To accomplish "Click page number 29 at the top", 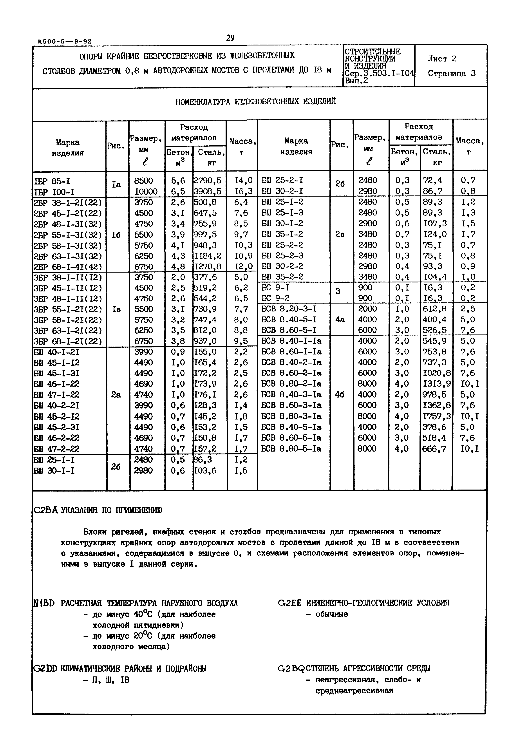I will pyautogui.click(x=230, y=38).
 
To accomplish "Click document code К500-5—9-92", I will pyautogui.click(x=65, y=42).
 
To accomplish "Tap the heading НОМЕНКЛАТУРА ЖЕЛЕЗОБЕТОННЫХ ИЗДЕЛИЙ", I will pyautogui.click(x=256, y=102).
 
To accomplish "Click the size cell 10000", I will pyautogui.click(x=146, y=192).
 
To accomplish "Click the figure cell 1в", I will pyautogui.click(x=116, y=309).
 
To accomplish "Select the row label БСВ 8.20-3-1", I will pyautogui.click(x=289, y=309).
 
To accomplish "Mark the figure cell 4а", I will pyautogui.click(x=340, y=320).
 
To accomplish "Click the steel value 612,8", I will pyautogui.click(x=434, y=309).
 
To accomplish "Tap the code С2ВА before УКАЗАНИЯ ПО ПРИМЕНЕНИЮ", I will pyautogui.click(x=46, y=510).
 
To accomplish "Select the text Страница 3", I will pyautogui.click(x=451, y=74).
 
